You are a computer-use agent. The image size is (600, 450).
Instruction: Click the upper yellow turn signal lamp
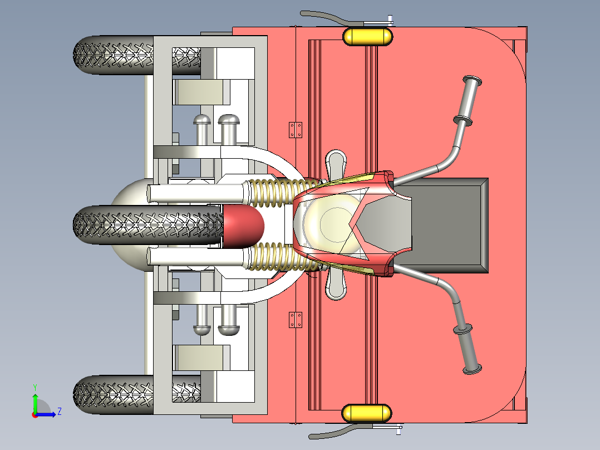pos(368,36)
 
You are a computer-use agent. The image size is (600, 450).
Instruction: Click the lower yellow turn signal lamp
pos(367,414)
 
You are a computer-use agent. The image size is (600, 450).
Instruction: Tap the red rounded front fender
pos(244,225)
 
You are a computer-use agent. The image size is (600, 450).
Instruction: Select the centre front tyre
pos(147,225)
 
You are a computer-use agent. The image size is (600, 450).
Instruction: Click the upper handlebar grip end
pos(472,81)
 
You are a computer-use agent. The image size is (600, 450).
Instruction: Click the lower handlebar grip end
pos(472,369)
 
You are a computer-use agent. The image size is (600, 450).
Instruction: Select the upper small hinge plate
pos(296,130)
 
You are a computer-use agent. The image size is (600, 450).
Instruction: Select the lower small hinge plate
pos(296,320)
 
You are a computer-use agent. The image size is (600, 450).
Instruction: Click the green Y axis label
pos(35,387)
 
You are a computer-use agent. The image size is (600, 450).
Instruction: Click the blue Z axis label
pos(60,412)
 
